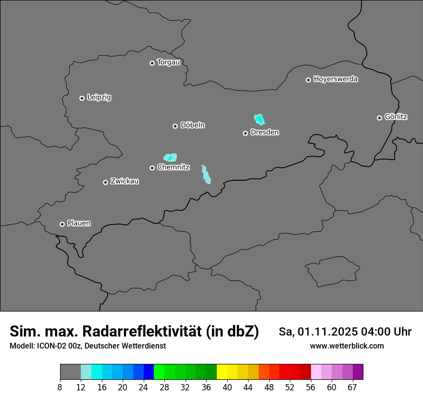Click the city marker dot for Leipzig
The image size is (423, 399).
(x=82, y=98)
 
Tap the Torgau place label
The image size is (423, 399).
(x=168, y=62)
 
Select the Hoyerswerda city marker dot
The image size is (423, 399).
(x=308, y=80)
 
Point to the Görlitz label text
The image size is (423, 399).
(x=396, y=117)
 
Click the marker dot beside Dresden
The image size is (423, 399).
(x=245, y=133)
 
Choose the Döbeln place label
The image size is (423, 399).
(x=192, y=125)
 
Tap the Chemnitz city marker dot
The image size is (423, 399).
(x=152, y=168)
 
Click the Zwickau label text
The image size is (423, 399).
(x=124, y=181)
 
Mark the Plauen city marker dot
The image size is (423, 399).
(x=62, y=224)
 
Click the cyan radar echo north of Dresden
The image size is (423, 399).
(x=259, y=119)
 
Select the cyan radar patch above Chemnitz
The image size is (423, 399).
(x=170, y=157)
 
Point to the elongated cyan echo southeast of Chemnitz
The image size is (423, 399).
(x=206, y=175)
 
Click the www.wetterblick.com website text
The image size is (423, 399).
(x=347, y=346)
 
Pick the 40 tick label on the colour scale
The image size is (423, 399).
(x=227, y=387)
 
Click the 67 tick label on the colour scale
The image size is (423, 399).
(x=352, y=387)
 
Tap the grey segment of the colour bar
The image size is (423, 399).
(x=70, y=372)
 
